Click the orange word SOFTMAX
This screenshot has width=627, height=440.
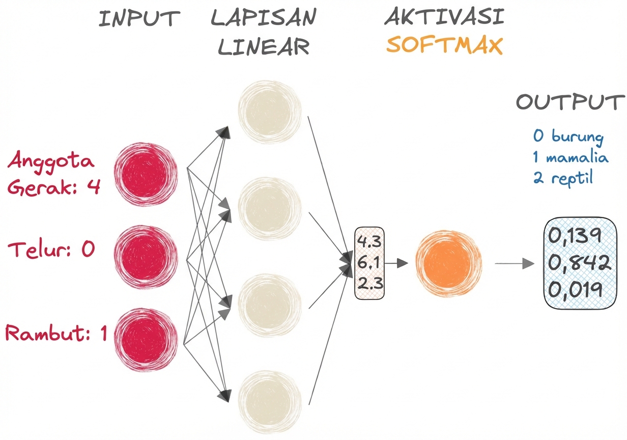[x=444, y=45]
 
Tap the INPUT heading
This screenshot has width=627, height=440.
[x=139, y=18]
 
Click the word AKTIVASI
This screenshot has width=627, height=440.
[x=444, y=17]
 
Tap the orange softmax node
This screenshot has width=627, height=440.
[x=447, y=263]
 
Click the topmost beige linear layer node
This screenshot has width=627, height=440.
[x=269, y=111]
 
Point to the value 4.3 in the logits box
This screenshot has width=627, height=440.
[x=369, y=241]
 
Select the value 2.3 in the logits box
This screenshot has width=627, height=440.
[x=369, y=284]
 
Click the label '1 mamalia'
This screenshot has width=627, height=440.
[x=570, y=157]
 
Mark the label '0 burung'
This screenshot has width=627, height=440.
[x=568, y=136]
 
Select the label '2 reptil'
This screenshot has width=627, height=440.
[x=563, y=178]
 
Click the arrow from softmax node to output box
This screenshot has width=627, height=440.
[x=514, y=264]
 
